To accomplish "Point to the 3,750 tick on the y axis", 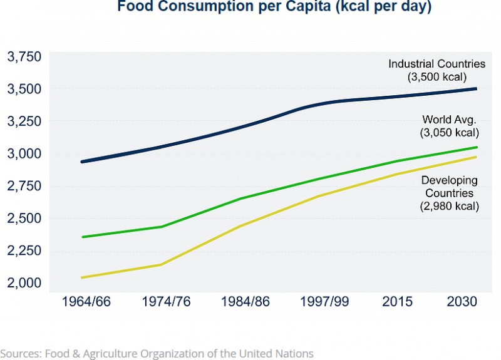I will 24,57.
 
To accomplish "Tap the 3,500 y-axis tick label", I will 24,89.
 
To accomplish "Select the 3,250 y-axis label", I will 24,121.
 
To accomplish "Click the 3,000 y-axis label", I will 24,154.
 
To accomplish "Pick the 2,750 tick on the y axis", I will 24,186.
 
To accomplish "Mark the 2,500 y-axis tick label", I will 24,219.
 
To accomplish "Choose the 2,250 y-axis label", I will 24,250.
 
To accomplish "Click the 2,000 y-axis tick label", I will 24,283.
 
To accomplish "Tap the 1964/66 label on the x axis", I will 86,302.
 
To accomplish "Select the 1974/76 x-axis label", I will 165,302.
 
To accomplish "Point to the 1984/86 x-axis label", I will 245,302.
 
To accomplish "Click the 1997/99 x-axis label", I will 324,302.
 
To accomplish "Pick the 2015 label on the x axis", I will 398,302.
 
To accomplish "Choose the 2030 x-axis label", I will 463,302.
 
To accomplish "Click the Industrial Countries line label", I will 436,64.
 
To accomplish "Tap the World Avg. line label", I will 450,119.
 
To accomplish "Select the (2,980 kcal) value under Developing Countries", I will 450,205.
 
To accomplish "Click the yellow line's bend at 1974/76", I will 162,264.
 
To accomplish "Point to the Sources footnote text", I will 157,354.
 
